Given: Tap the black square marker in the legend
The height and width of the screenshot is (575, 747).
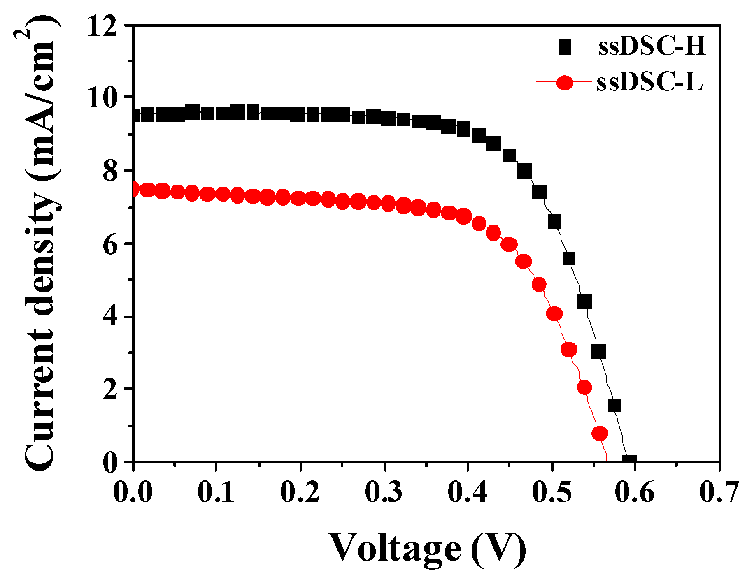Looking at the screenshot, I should pos(565,47).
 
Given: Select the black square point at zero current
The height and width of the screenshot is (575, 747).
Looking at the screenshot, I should pos(630,461).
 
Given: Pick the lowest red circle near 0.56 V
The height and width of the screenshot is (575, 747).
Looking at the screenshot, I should pos(600,434).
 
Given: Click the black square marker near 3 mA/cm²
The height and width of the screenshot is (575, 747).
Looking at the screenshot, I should pos(599,352).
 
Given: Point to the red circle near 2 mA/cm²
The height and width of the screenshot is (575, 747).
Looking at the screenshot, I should pos(584,387).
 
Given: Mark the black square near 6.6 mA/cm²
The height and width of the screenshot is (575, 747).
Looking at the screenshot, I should pos(554,222).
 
